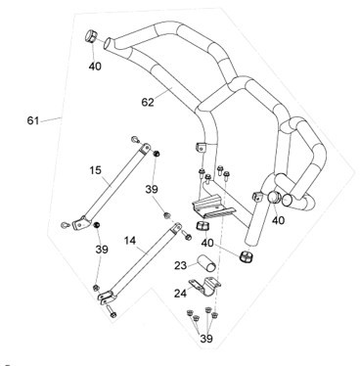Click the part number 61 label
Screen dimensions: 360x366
click(33, 120)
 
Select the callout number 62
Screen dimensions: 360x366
click(148, 102)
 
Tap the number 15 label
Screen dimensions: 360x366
click(96, 170)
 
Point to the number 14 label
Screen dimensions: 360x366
click(130, 241)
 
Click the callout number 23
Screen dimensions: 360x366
click(180, 265)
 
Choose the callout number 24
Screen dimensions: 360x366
click(180, 294)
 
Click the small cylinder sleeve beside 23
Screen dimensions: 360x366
click(206, 263)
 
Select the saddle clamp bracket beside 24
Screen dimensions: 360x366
click(204, 286)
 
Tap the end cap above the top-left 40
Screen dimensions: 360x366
click(90, 36)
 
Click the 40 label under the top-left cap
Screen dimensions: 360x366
click(95, 67)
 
